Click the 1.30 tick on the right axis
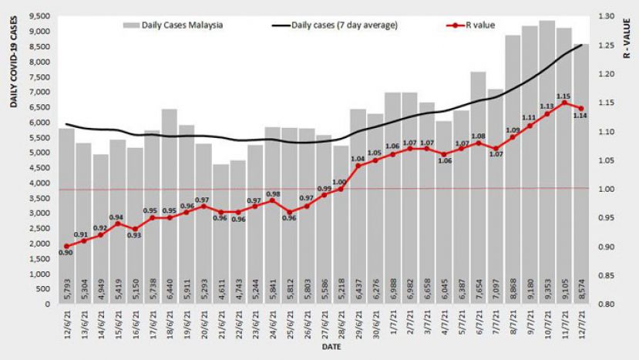click(x=604, y=16)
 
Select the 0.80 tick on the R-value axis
click(x=604, y=304)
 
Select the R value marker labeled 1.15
click(x=564, y=103)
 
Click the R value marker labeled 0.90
click(x=67, y=247)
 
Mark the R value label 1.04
click(x=357, y=159)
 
